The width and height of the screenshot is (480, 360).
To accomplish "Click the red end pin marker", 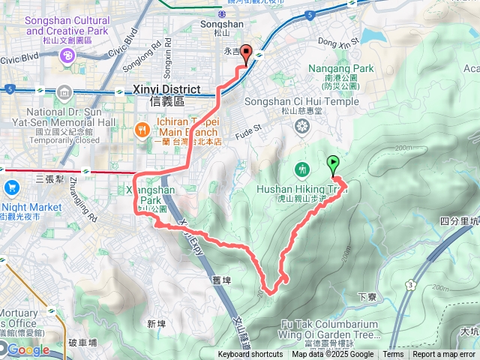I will [245, 55].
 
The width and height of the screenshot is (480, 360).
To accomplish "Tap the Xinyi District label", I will [166, 89].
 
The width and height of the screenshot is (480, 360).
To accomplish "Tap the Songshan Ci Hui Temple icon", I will [301, 127].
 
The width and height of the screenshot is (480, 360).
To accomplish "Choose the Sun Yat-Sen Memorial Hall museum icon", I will [64, 93].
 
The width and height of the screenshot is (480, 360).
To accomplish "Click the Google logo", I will [28, 349].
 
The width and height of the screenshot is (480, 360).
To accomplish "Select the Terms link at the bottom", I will [393, 355].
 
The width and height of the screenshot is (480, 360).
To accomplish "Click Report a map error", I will [445, 355].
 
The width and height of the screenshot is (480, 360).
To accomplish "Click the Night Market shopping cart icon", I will [11, 187].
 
